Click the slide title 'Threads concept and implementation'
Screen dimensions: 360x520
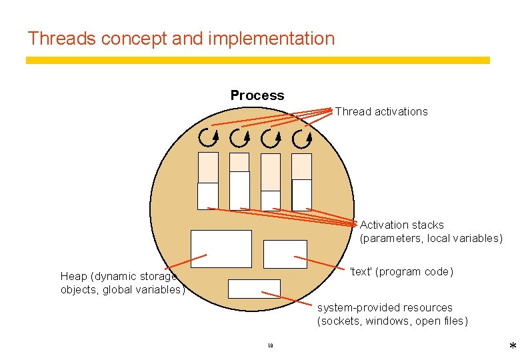pyautogui.click(x=181, y=39)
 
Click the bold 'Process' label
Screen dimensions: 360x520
pyautogui.click(x=257, y=95)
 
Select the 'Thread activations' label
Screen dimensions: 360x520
pyautogui.click(x=381, y=111)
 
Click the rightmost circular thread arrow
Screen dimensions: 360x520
pyautogui.click(x=302, y=138)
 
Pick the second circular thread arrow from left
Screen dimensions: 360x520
pyautogui.click(x=239, y=138)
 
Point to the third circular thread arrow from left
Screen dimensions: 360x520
pyautogui.click(x=271, y=138)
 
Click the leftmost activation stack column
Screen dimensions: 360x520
pyautogui.click(x=208, y=181)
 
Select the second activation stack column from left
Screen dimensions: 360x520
pyautogui.click(x=239, y=181)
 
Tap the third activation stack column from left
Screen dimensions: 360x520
pyautogui.click(x=271, y=181)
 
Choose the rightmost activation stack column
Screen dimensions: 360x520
pyautogui.click(x=302, y=181)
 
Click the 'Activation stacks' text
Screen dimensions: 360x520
pyautogui.click(x=401, y=225)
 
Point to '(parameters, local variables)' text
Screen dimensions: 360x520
pyautogui.click(x=431, y=239)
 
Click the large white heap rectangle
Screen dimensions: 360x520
pyautogui.click(x=221, y=249)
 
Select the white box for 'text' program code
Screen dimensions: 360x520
pyautogui.click(x=285, y=254)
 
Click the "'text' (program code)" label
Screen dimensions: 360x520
pyautogui.click(x=401, y=272)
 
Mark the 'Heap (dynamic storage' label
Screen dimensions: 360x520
pyautogui.click(x=118, y=276)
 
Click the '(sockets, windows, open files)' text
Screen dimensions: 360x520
pyautogui.click(x=392, y=321)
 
